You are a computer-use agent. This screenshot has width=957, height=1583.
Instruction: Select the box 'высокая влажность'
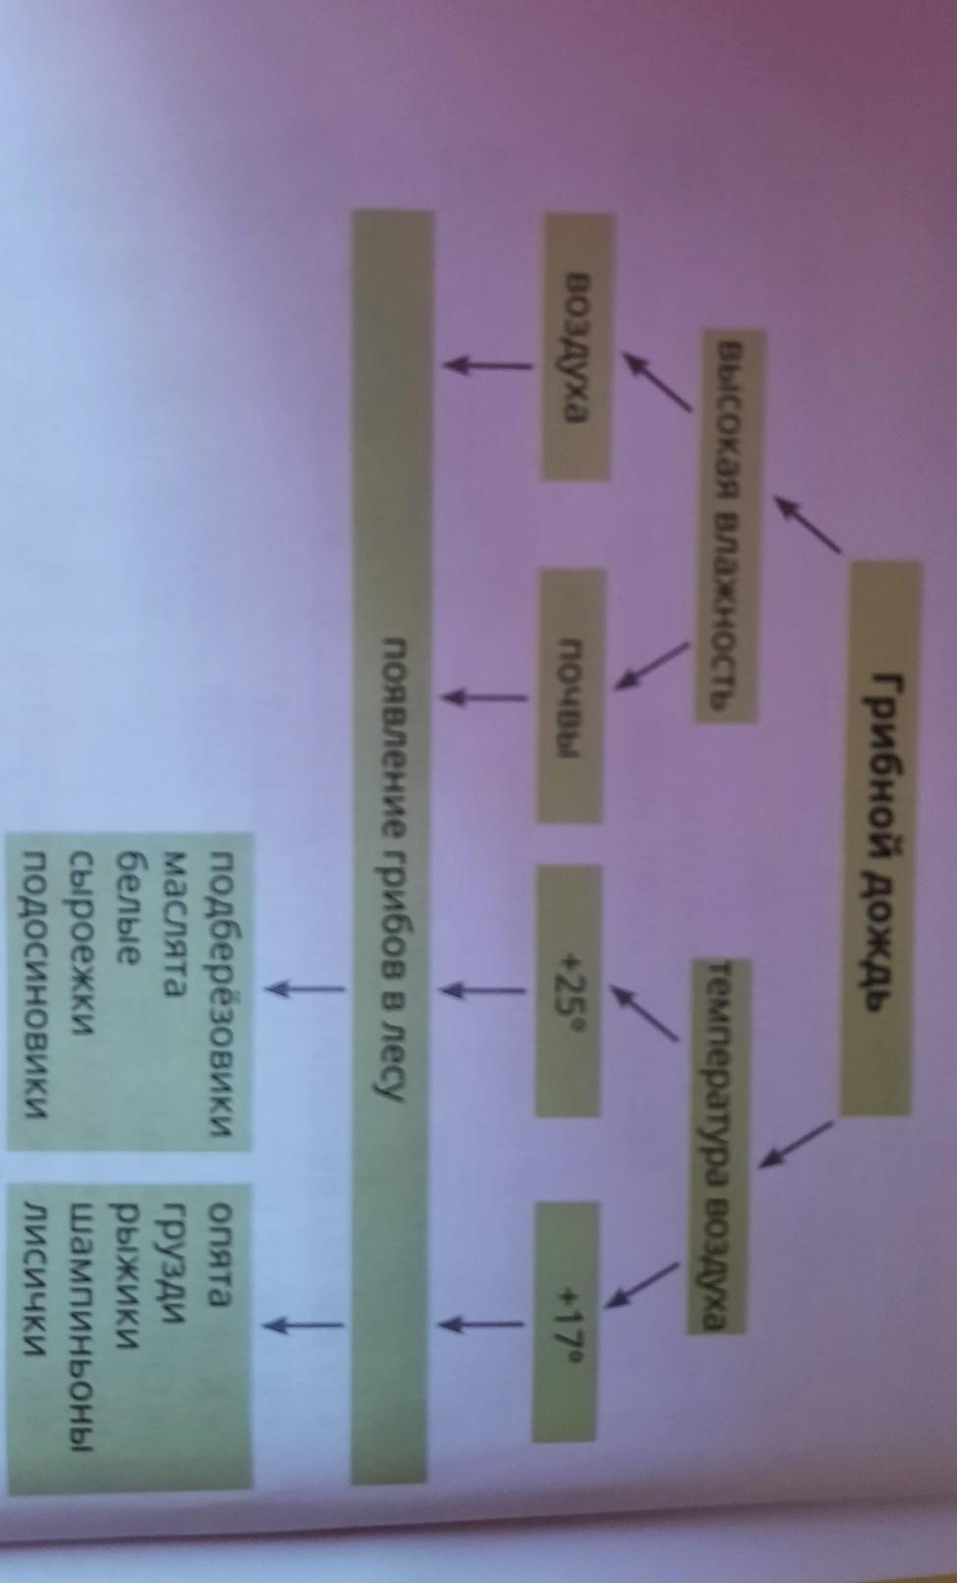tap(731, 525)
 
